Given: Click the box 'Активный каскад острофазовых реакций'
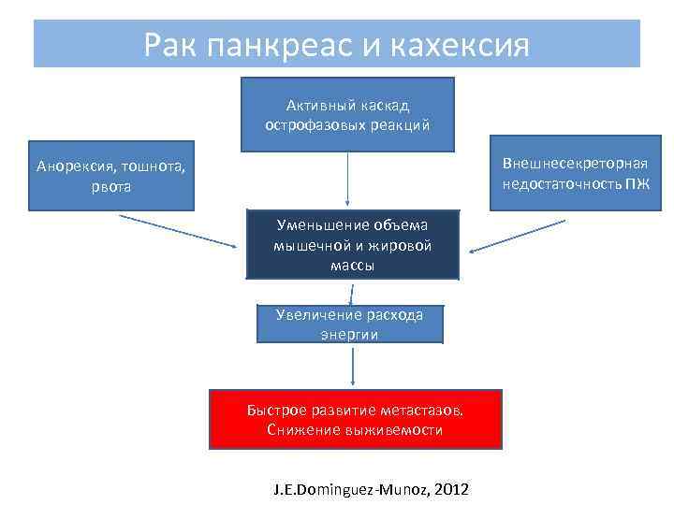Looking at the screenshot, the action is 347,114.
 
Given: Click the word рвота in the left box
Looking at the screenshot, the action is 111,186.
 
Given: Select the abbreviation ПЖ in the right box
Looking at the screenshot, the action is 637,182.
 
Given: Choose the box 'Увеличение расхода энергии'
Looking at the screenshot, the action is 349,324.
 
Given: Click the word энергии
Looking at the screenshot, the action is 349,334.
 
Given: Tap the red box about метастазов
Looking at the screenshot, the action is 355,420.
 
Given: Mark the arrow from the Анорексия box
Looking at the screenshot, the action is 178,231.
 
